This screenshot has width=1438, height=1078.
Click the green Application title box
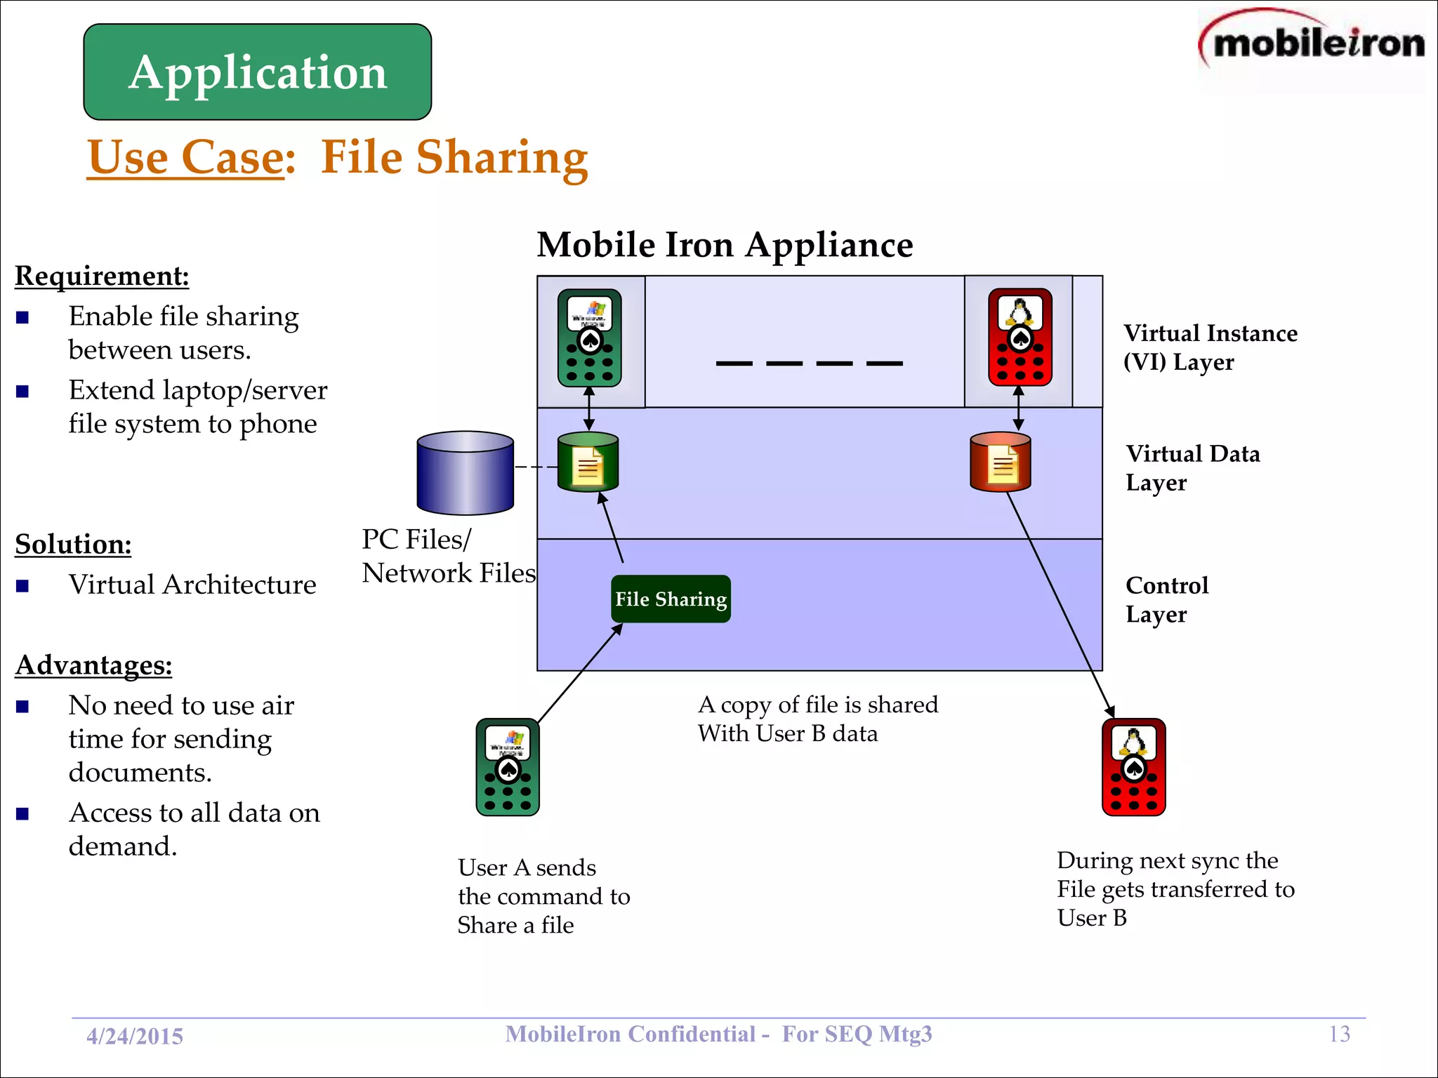pyautogui.click(x=257, y=72)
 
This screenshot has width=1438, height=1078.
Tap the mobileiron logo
pyautogui.click(x=1312, y=44)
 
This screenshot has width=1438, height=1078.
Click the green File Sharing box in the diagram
pyautogui.click(x=671, y=599)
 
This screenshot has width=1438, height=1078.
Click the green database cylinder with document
pyautogui.click(x=588, y=463)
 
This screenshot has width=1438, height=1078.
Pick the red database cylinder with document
pyautogui.click(x=1000, y=463)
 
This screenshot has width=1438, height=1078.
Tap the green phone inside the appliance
pyautogui.click(x=589, y=338)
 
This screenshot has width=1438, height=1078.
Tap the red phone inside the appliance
pyautogui.click(x=1020, y=338)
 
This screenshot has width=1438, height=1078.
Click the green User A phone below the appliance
pyautogui.click(x=508, y=767)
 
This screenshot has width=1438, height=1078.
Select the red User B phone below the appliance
pyautogui.click(x=1133, y=767)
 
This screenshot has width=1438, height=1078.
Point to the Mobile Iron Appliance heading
pyautogui.click(x=725, y=245)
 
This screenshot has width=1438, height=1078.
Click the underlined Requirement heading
pyautogui.click(x=102, y=276)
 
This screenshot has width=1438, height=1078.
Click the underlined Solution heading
pyautogui.click(x=73, y=544)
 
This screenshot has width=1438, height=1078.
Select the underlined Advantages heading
pyautogui.click(x=93, y=665)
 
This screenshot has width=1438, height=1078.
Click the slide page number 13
pyautogui.click(x=1339, y=1034)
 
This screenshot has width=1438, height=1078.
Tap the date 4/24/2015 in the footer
pyautogui.click(x=134, y=1036)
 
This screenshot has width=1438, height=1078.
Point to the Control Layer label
pyautogui.click(x=1166, y=599)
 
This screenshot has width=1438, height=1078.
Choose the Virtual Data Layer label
pyautogui.click(x=1192, y=468)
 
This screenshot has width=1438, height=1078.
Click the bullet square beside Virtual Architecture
pyautogui.click(x=22, y=585)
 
